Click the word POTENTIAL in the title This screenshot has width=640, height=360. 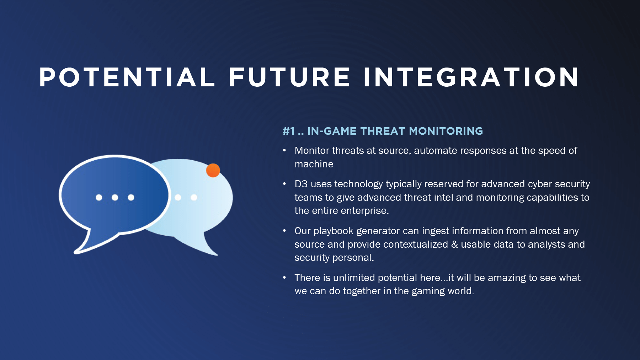(127, 77)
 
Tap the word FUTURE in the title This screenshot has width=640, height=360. (289, 77)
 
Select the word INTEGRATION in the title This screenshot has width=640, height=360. (471, 77)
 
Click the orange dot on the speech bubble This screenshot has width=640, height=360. (213, 170)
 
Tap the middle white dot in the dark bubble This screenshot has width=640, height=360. (115, 197)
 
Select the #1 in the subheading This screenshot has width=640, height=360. (289, 131)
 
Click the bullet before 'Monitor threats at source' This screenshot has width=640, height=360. (284, 151)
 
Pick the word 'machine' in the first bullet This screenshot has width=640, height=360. (314, 164)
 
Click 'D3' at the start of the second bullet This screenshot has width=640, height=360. (301, 184)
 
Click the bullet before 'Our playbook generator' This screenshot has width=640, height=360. (284, 231)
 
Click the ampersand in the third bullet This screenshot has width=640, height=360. (454, 245)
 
